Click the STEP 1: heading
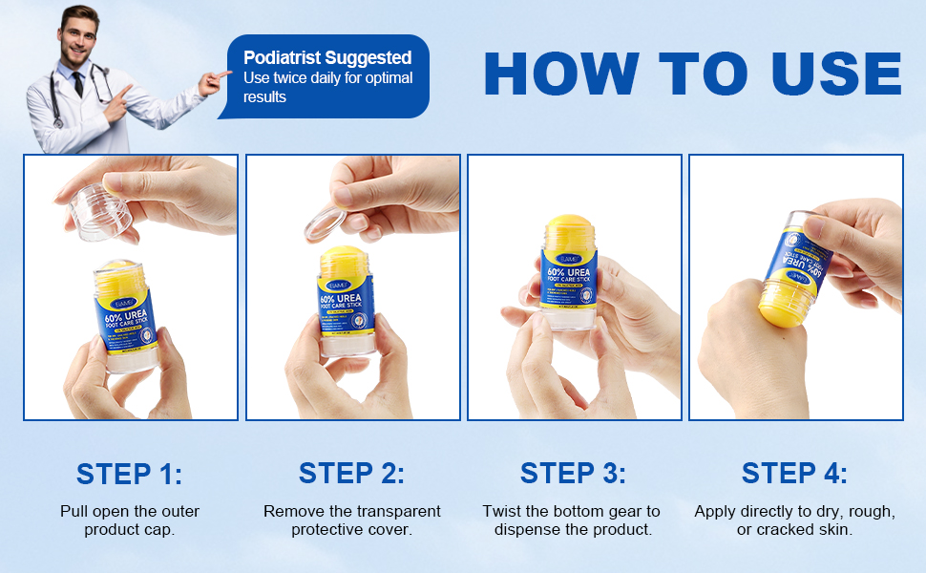click(129, 474)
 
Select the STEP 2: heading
click(351, 474)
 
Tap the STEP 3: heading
click(573, 474)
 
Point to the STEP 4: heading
click(794, 474)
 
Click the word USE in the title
click(825, 73)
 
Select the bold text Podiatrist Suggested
click(327, 57)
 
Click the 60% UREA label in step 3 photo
click(569, 274)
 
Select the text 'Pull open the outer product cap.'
click(129, 520)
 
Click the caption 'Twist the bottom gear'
click(571, 512)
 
